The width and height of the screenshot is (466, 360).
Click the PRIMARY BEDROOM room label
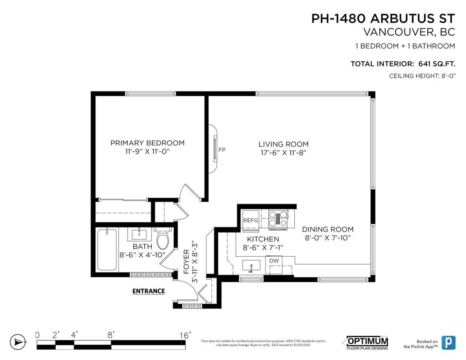(x=147, y=143)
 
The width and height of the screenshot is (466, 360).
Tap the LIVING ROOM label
(x=283, y=144)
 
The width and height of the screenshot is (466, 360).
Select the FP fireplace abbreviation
(x=222, y=150)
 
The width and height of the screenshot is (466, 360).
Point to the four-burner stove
(x=278, y=219)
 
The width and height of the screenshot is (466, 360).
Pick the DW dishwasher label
(x=274, y=261)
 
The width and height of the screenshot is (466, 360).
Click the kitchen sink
(x=251, y=266)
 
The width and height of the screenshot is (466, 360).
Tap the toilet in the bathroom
(x=163, y=238)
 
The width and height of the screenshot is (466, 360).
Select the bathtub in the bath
(x=107, y=250)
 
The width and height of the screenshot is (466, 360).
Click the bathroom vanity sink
(x=139, y=234)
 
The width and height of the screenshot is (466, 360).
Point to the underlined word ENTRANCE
(x=149, y=291)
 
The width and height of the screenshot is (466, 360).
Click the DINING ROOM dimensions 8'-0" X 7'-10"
(x=328, y=238)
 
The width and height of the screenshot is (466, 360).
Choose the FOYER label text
(x=186, y=262)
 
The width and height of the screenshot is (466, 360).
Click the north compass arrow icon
(x=18, y=342)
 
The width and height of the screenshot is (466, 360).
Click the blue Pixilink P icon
(x=449, y=343)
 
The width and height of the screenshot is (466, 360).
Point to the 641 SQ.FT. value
(x=437, y=64)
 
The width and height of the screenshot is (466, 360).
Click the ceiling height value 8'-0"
(x=449, y=76)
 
